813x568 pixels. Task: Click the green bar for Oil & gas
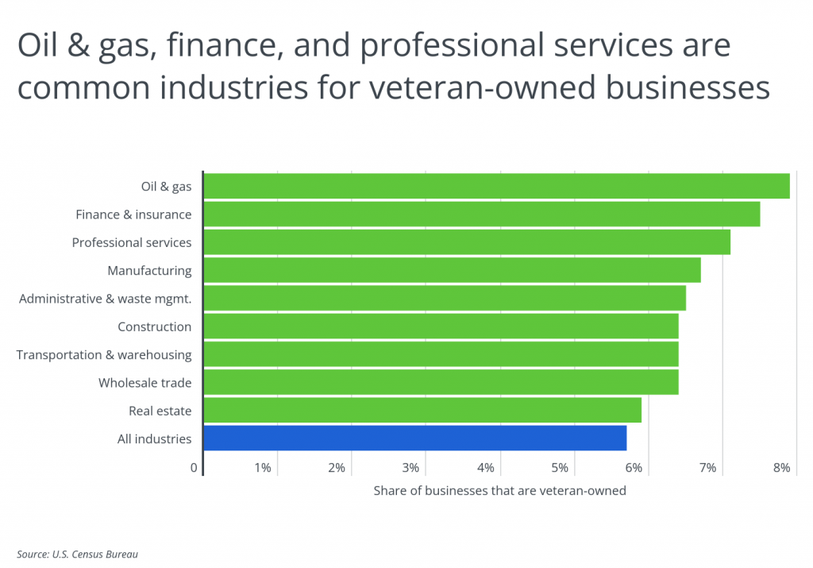point(496,186)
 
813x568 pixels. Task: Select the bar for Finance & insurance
point(481,214)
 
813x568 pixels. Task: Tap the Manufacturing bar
point(452,270)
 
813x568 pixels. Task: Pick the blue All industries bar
point(414,439)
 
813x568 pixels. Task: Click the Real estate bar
point(422,411)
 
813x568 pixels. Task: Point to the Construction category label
point(154,327)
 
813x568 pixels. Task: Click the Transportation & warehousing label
point(104,354)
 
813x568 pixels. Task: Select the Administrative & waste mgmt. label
point(105,299)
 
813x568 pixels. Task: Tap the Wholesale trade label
point(144,383)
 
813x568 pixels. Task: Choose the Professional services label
point(132,242)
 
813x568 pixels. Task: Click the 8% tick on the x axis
point(781,468)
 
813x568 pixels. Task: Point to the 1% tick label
point(262,468)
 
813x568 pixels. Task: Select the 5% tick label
point(559,468)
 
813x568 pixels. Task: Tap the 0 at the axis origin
point(194,468)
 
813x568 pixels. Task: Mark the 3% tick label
point(410,468)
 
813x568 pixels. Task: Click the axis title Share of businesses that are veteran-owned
point(499,491)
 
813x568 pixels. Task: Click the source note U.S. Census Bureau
point(83,554)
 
